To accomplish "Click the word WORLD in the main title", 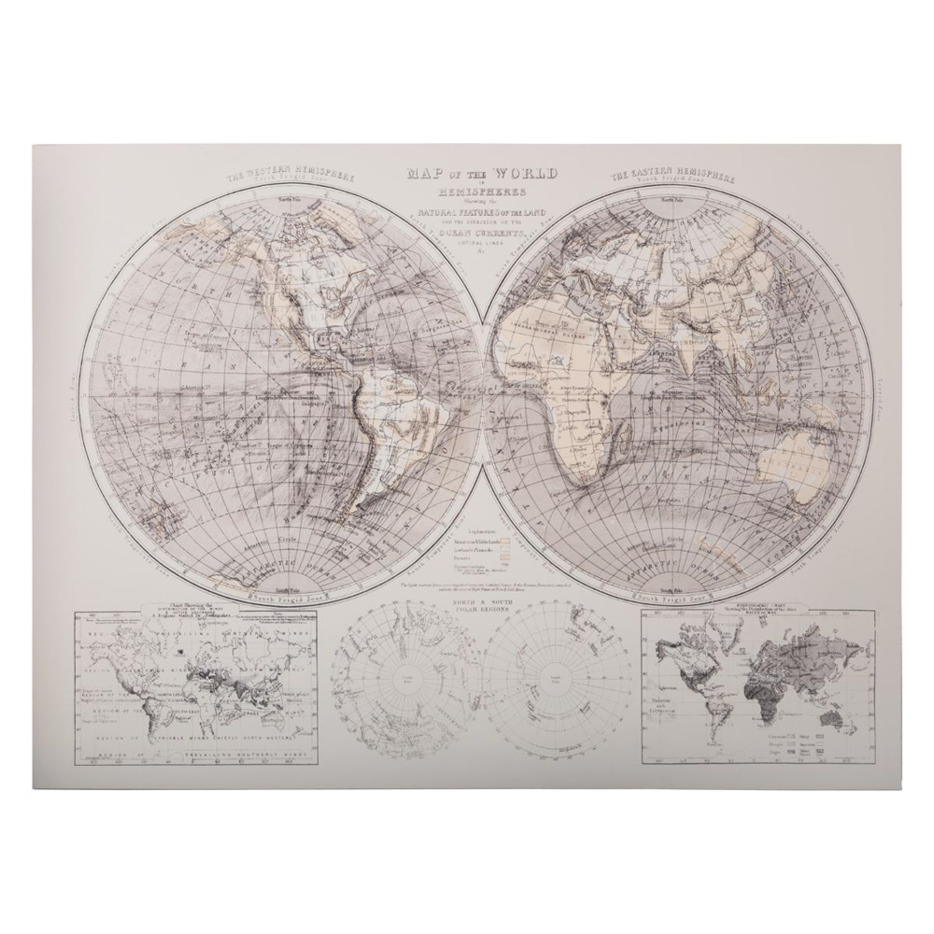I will pyautogui.click(x=526, y=175).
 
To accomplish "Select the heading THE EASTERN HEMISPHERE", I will pyautogui.click(x=670, y=176).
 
